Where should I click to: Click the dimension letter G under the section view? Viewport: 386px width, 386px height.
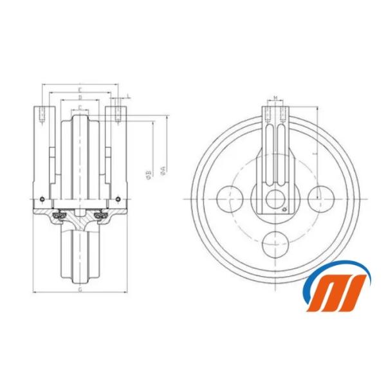pos(79,290)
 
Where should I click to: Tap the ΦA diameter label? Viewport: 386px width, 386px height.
pos(163,169)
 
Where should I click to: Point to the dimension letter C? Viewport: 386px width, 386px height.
pos(79,107)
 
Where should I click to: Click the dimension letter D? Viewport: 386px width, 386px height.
pos(79,98)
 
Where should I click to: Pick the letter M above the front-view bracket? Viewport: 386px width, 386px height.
pos(275,98)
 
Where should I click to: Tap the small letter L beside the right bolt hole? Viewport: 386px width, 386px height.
pos(129,96)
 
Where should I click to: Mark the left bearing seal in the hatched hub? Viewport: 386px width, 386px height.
pos(61,214)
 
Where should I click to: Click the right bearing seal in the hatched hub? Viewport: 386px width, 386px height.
pos(98,214)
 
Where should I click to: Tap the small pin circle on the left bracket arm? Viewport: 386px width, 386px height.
pos(41,198)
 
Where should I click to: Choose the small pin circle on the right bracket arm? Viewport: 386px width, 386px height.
pos(118,198)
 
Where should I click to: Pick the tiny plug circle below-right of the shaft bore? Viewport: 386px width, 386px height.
pos(285,208)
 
